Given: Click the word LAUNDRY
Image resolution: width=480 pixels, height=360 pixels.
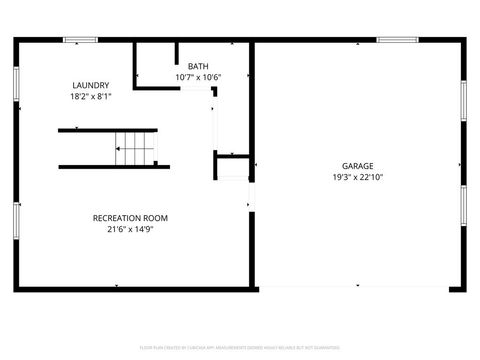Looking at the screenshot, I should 90,85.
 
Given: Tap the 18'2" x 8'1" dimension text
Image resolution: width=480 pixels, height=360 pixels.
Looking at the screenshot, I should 90,97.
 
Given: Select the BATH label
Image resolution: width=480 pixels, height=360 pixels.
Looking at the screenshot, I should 198,66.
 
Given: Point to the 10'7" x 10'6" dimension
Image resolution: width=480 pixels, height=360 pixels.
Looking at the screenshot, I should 198,77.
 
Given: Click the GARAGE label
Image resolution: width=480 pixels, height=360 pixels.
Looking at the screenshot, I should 357,167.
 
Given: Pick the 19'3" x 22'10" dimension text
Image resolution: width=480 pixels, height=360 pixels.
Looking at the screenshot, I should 357,178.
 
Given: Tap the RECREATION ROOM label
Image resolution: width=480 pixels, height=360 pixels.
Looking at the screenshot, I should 130,218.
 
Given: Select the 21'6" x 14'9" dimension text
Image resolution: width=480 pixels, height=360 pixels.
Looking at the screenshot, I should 130,229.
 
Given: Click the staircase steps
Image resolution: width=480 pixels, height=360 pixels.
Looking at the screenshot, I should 135,148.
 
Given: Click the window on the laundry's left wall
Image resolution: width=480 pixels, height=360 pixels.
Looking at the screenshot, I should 16,84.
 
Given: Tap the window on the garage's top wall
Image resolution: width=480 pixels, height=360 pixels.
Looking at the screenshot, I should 397,40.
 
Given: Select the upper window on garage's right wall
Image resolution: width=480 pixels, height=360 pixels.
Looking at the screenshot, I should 463,100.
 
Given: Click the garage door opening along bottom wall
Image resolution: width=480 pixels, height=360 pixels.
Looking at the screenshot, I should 355,289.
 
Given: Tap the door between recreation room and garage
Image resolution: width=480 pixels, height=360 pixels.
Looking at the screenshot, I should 251,200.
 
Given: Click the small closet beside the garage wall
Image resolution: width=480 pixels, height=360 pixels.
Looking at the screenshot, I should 231,168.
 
